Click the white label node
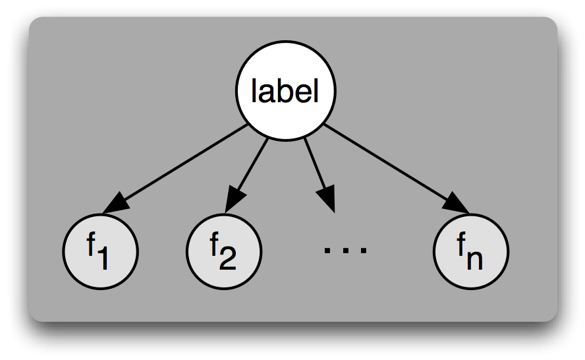click(286, 92)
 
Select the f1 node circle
click(100, 252)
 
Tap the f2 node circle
click(224, 252)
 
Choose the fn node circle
click(471, 252)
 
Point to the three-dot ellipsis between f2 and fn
click(345, 249)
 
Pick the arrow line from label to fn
click(389, 165)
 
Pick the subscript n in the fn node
click(475, 260)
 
